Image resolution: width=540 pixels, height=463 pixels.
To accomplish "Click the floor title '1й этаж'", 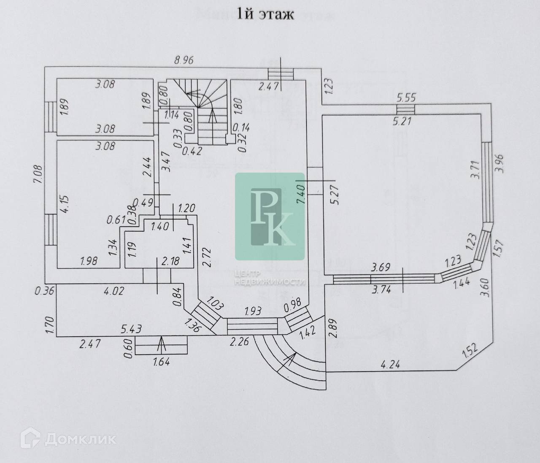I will point(265,15).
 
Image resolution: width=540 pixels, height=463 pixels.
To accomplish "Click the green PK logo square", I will point(270,216).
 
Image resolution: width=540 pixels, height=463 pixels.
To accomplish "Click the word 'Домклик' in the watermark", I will point(80,440).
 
